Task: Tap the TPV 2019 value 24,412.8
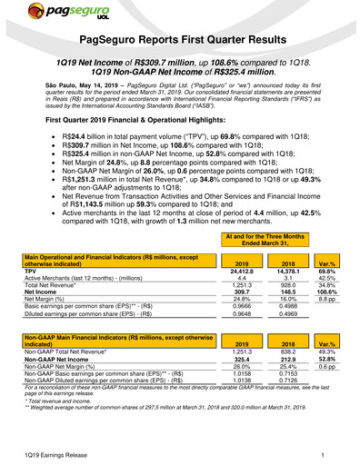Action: point(234,271)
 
